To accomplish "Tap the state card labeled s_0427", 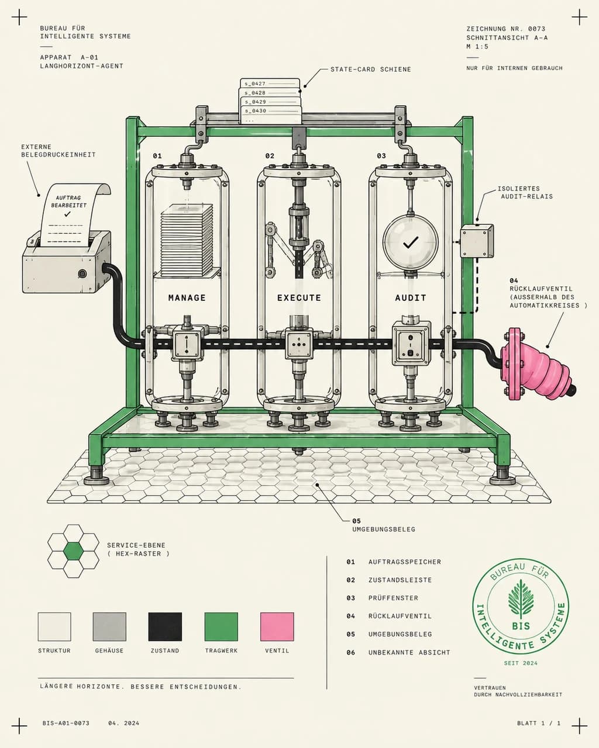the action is (x=270, y=84).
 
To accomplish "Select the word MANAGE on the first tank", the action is (x=187, y=298).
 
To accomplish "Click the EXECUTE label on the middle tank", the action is (x=299, y=298).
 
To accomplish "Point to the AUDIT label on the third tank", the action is (x=411, y=298).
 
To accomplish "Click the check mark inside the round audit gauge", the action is (x=411, y=243).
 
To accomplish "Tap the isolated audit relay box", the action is (x=477, y=241).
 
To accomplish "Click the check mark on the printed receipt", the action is (x=67, y=214).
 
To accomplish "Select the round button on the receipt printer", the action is (x=82, y=274).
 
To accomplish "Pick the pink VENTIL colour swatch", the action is (x=277, y=626).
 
